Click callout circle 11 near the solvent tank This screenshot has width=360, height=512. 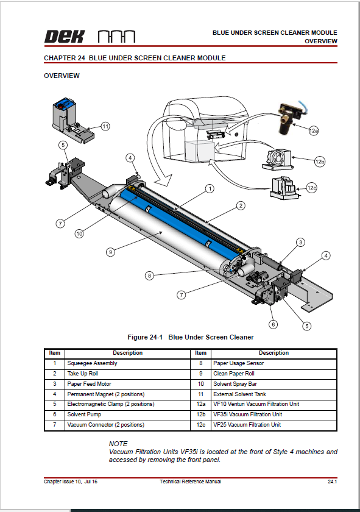tap(105, 127)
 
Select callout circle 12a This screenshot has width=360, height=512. tap(313, 130)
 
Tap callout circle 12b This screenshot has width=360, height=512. tap(319, 162)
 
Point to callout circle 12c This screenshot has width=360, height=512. tap(311, 188)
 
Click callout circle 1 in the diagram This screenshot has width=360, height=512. tap(209, 189)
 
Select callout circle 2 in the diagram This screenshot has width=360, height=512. tap(241, 205)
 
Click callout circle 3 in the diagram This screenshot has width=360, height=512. tap(300, 243)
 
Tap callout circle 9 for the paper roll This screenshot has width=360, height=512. tap(110, 251)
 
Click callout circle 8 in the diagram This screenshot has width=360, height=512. tap(149, 276)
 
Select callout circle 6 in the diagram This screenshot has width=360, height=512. tap(274, 324)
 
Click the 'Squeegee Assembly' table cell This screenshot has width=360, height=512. tap(93, 363)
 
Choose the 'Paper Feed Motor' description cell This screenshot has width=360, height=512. tap(89, 384)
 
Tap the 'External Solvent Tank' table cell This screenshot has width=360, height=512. tap(239, 394)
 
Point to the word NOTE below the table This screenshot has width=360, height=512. tap(118, 444)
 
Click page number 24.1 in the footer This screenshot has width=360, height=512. tap(332, 482)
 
